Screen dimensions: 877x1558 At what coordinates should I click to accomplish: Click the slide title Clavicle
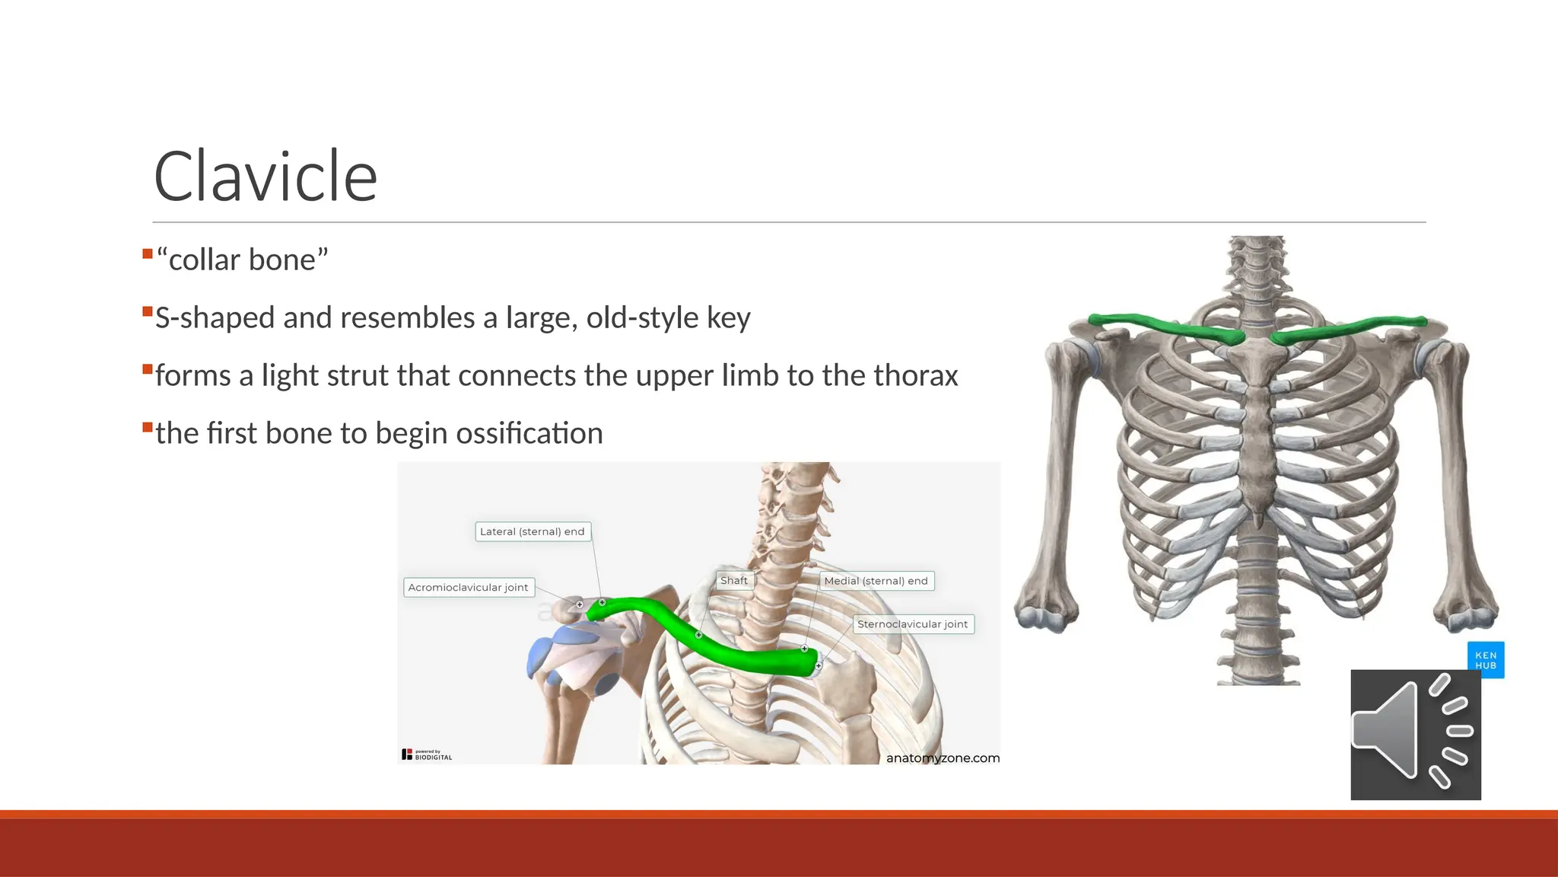[x=265, y=177]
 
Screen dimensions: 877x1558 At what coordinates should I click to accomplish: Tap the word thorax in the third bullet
[x=915, y=375]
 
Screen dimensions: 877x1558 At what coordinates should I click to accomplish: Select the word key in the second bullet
[x=728, y=318]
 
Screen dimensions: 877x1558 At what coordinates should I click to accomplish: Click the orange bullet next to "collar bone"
[x=148, y=254]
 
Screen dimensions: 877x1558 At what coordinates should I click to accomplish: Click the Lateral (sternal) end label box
[x=533, y=531]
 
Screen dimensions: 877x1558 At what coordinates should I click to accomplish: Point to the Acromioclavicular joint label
[x=468, y=587]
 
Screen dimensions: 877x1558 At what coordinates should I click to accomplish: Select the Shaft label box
[x=734, y=580]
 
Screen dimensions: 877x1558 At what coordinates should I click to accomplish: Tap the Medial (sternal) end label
[x=876, y=581]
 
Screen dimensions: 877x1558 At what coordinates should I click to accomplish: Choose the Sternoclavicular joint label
[x=912, y=624]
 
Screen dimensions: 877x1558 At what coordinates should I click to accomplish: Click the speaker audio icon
[x=1415, y=734]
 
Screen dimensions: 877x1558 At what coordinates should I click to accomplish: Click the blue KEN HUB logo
[x=1485, y=660]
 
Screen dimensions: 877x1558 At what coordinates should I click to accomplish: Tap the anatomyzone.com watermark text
[x=943, y=757]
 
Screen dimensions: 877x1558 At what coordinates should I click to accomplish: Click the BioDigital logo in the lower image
[x=427, y=754]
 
